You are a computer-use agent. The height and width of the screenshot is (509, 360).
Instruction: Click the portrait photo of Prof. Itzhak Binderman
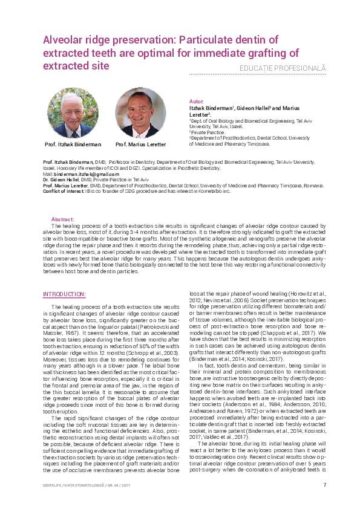point(73,112)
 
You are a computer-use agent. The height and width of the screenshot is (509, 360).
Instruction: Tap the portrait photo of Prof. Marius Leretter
point(140,113)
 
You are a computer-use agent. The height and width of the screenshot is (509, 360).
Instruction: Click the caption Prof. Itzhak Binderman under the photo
point(73,144)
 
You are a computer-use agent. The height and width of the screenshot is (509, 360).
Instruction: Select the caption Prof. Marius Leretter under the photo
point(140,144)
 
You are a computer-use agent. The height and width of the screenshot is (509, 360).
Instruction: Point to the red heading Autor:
point(197,100)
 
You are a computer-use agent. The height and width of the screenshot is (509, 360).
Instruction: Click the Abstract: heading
point(64,219)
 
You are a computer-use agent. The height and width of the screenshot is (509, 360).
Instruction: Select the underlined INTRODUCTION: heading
point(64,294)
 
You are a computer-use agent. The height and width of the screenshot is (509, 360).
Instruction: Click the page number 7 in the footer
point(324,485)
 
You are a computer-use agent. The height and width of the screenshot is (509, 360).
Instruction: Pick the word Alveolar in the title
point(64,40)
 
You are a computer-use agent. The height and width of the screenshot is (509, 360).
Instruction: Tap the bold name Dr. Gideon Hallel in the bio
point(61,180)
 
